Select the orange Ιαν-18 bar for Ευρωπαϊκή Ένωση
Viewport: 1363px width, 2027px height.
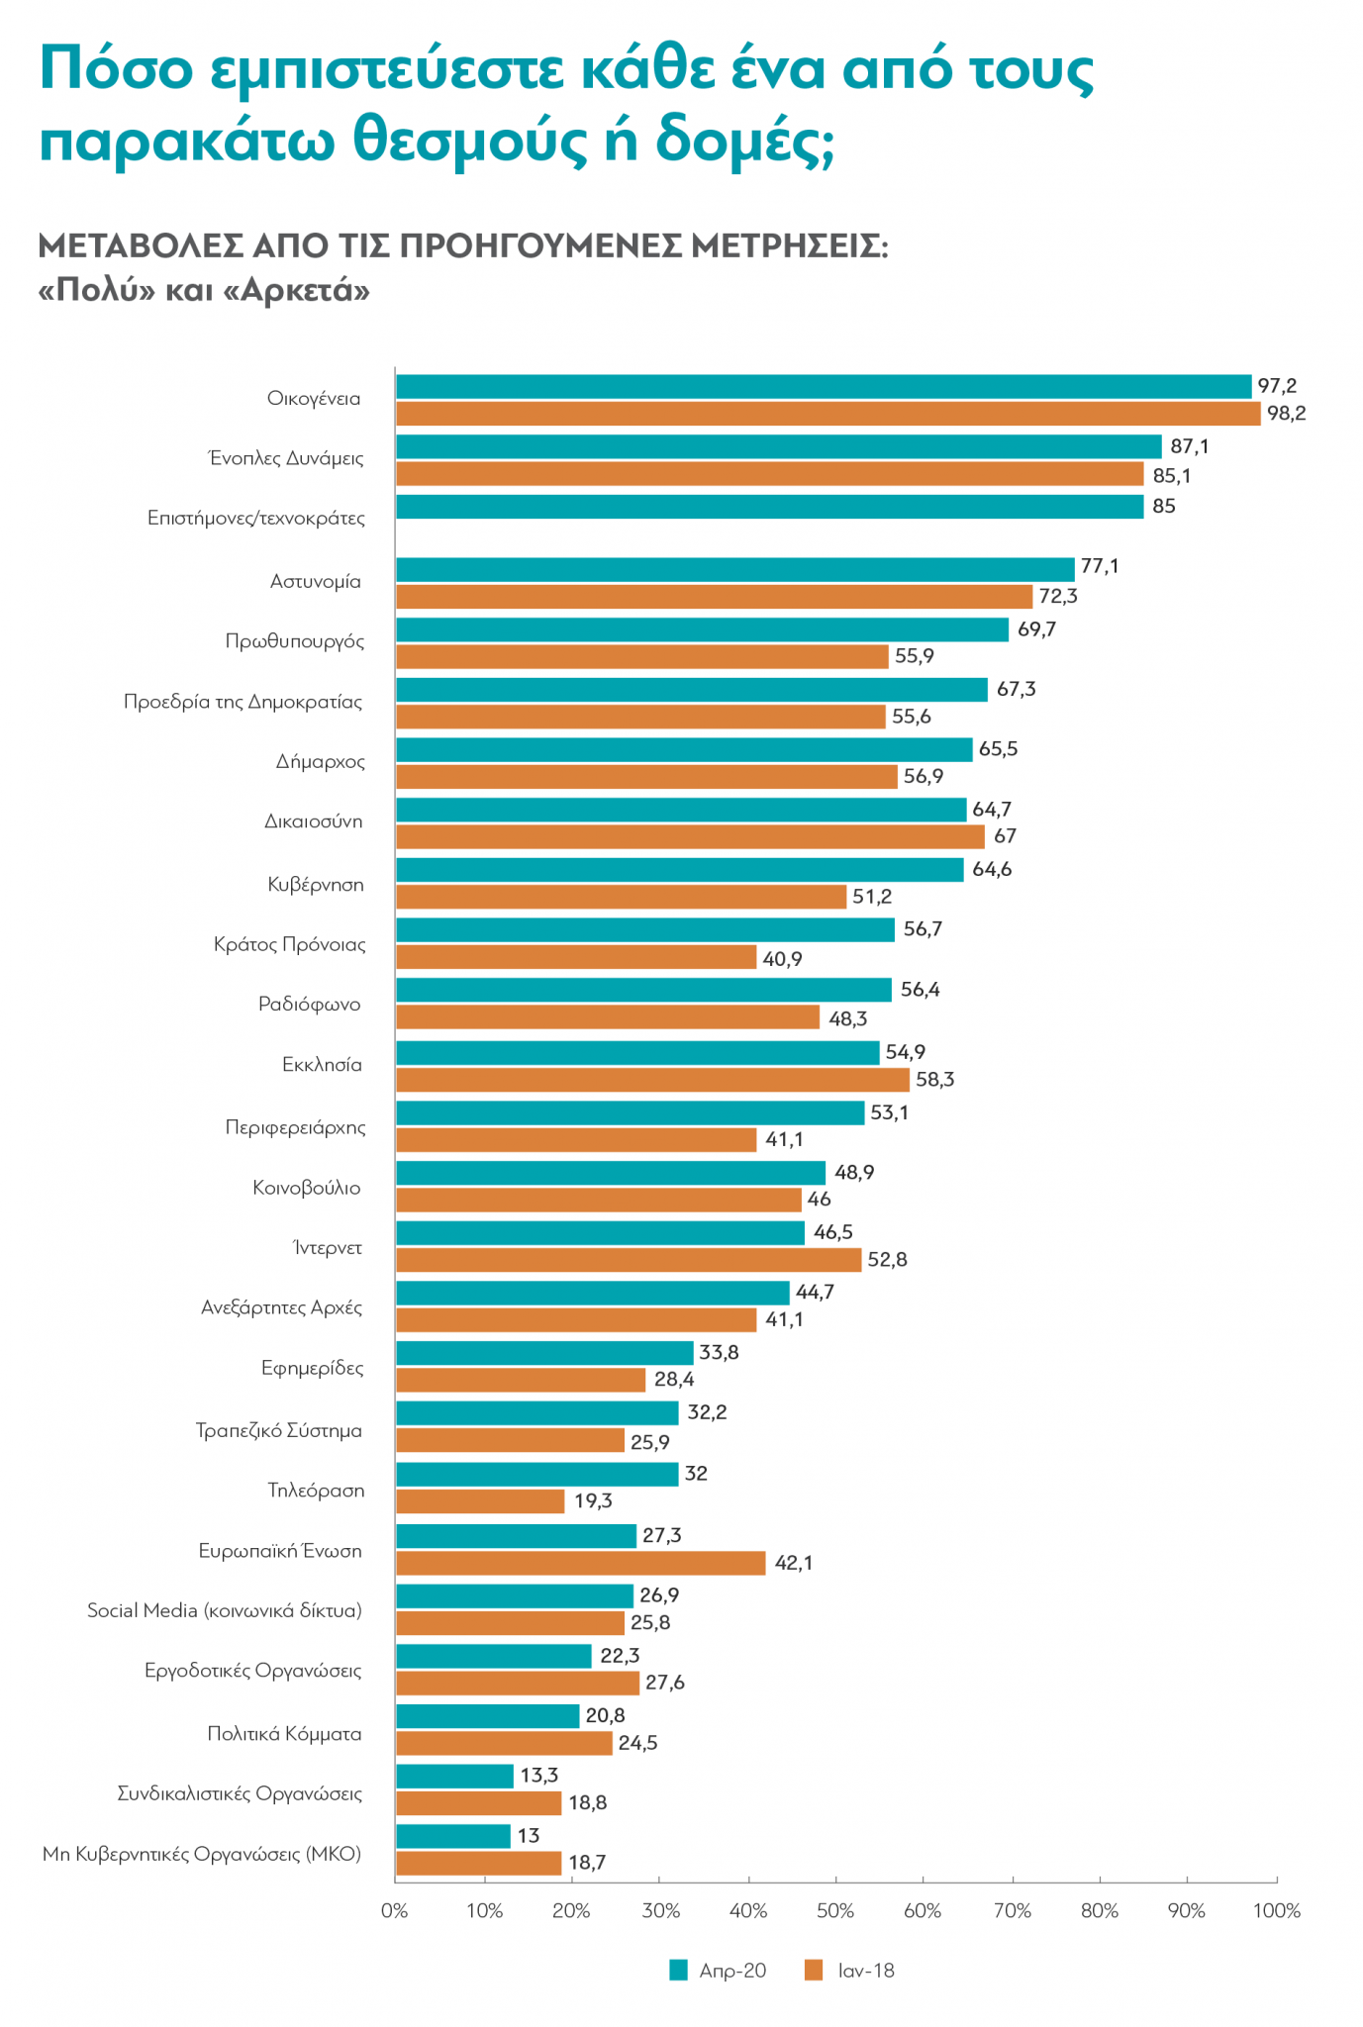point(581,1563)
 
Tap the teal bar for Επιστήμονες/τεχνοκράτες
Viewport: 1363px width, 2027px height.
point(769,507)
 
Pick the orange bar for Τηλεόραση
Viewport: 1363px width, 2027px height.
point(480,1501)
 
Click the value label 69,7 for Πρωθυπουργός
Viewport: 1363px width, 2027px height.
point(1036,629)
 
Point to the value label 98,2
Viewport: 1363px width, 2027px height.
point(1286,414)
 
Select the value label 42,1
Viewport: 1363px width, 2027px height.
point(793,1563)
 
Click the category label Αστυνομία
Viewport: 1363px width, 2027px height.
point(316,582)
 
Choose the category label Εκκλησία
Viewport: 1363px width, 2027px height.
point(322,1065)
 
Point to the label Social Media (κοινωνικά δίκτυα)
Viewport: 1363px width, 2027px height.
point(225,1610)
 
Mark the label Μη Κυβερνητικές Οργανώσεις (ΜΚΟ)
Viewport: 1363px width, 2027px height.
point(202,1854)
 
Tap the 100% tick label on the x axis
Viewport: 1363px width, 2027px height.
point(1276,1911)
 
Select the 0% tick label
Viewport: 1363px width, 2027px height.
point(395,1911)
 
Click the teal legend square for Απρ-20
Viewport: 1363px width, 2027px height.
point(678,1971)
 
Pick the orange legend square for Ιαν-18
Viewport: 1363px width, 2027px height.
point(814,1971)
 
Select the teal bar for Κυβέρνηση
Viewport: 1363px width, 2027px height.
point(680,870)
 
